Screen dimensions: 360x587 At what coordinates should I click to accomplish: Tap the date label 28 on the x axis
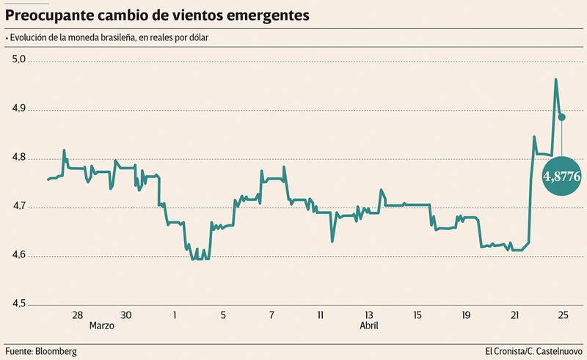pos(77,315)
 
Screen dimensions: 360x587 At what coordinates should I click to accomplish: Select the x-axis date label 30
pos(125,315)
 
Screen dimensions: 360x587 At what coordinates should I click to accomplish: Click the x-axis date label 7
pos(271,315)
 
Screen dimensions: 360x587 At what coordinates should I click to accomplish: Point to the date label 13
pos(368,315)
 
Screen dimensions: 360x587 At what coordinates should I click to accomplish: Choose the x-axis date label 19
pos(465,315)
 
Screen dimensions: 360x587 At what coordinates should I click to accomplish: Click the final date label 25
pos(562,315)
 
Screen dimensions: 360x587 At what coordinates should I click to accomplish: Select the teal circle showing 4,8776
pos(562,176)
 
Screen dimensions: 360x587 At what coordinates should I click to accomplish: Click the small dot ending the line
pos(562,117)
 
